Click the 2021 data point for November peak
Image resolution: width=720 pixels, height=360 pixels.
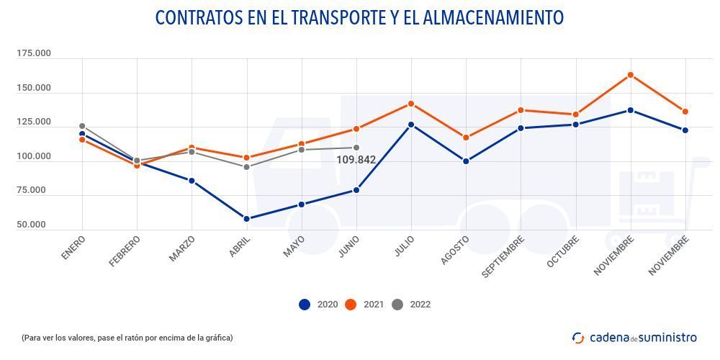(630, 75)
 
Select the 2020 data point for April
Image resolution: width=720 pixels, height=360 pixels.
(246, 219)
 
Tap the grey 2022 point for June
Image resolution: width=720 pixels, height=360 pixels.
(356, 148)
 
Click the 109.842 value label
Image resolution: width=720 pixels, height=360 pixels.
(356, 160)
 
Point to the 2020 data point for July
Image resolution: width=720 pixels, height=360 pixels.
(411, 125)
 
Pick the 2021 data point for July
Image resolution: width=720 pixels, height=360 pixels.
(411, 104)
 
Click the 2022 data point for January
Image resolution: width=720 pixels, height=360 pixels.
(82, 126)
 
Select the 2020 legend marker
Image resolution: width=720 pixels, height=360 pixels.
(305, 305)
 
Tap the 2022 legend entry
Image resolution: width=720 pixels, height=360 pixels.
(412, 305)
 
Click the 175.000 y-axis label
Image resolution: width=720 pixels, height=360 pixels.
(34, 54)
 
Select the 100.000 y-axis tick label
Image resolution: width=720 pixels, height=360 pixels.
(34, 157)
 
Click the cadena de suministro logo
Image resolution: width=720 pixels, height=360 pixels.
(634, 337)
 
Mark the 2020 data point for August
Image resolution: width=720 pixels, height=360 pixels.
(466, 161)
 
